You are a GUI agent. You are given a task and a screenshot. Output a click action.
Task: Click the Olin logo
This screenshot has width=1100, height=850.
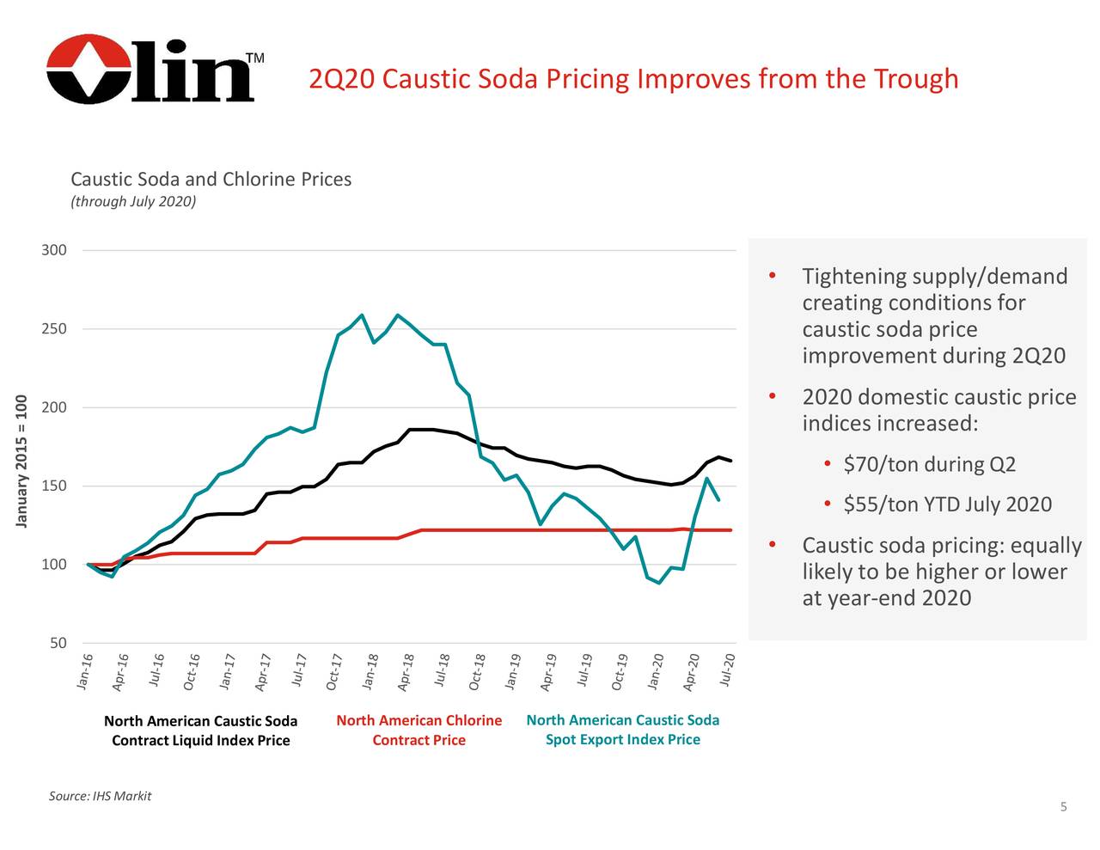150,70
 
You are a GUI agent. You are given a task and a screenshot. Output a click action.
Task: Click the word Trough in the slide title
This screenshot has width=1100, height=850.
915,79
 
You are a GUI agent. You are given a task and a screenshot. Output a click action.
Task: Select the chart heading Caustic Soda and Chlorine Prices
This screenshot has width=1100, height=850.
211,180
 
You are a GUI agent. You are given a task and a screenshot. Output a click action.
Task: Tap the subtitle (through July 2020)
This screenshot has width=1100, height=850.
133,201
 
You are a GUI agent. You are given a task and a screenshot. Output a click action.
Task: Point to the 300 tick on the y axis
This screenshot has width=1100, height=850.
54,250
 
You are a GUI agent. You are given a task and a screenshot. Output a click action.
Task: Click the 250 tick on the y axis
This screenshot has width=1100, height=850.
54,329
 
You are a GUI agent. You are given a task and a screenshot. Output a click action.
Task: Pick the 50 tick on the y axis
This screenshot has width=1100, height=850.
58,644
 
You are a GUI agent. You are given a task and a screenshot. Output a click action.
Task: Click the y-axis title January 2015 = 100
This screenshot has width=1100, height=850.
21,462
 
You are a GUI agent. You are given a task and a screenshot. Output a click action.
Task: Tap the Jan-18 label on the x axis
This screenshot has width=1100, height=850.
370,671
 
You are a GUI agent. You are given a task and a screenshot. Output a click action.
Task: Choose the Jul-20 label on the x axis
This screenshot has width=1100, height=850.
727,670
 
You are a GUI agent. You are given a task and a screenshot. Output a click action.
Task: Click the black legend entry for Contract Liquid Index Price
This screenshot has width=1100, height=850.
200,731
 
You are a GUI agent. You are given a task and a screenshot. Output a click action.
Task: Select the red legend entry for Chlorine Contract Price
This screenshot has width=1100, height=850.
419,730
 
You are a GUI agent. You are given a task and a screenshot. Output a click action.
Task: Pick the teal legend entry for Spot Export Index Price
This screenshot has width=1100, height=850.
622,730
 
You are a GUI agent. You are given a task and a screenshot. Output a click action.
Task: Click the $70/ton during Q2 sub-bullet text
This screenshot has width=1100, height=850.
929,465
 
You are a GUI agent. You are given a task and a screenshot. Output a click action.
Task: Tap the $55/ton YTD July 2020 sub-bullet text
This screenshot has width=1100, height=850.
947,504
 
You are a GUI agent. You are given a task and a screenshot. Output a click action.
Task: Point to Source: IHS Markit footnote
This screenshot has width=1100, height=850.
100,796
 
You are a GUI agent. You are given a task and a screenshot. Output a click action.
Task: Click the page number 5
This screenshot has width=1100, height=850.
1063,806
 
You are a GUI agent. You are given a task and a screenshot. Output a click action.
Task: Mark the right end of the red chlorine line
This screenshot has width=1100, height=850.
730,530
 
